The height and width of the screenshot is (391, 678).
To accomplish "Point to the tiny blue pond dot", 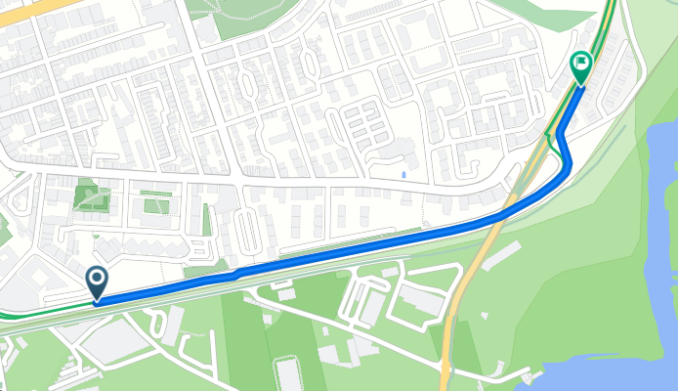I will [403, 175].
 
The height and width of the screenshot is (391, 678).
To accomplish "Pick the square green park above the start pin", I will [91, 197].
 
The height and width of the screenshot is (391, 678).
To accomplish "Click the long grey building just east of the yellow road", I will [500, 256].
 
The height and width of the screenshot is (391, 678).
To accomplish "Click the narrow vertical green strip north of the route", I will [206, 219].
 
